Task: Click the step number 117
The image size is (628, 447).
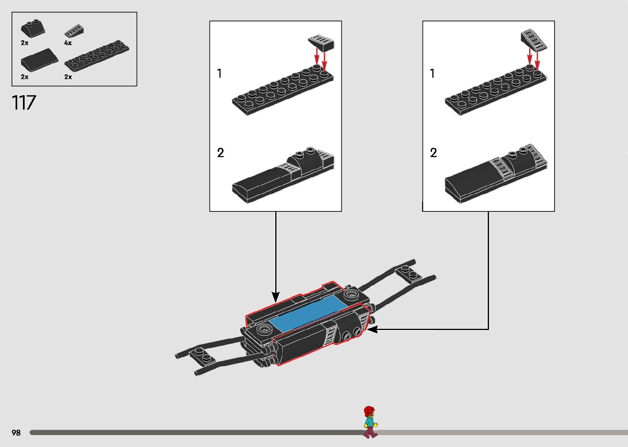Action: [24, 103]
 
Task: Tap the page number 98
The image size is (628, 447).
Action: [16, 432]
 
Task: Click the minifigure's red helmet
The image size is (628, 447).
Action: [369, 410]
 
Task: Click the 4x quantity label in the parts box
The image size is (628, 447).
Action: [68, 43]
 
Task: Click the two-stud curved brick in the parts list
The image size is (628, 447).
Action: [33, 28]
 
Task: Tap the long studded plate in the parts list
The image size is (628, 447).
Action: [97, 56]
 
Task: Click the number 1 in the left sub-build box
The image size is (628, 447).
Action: [219, 73]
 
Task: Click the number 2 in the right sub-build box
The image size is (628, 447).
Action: [434, 153]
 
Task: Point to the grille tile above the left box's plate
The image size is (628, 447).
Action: [321, 43]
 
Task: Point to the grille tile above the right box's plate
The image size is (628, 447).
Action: [534, 40]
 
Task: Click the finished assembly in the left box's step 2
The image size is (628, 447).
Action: [283, 175]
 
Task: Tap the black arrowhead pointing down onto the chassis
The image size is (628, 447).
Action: [276, 297]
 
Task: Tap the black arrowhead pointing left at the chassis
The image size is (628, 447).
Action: [372, 330]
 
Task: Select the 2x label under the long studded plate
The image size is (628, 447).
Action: [68, 77]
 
